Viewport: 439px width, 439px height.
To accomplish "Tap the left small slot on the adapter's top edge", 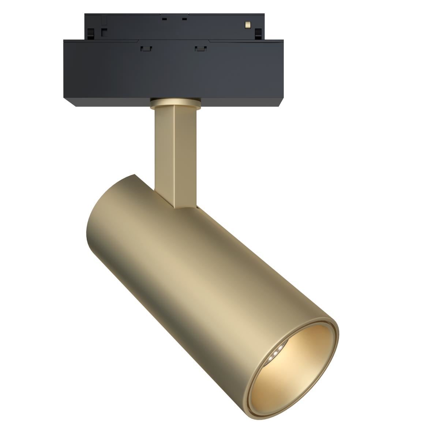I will point(164,18).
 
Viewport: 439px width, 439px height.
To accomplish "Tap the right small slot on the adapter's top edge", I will point(184,19).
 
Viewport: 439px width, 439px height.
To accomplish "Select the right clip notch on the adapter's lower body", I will point(199,48).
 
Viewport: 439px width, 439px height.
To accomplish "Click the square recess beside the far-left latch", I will point(104,32).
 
